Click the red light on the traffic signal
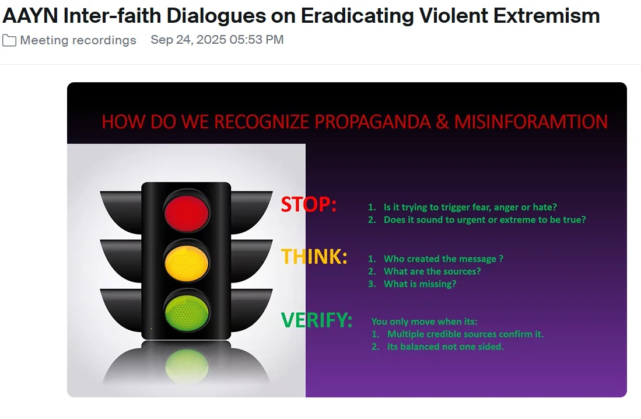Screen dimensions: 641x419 [187, 213]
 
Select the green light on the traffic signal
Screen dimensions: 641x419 [187, 313]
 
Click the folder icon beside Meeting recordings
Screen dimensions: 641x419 [9, 40]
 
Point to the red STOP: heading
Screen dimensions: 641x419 [309, 204]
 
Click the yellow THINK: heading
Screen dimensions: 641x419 [314, 257]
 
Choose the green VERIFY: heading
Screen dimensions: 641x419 [316, 320]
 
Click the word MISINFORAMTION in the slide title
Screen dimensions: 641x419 [531, 122]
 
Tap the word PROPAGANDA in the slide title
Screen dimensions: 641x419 [373, 122]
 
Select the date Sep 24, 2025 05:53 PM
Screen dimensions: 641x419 [217, 40]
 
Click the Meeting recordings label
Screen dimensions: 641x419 [78, 40]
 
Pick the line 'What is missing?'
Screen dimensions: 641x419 [420, 284]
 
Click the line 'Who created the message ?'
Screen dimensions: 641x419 [443, 259]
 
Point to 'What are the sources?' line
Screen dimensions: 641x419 [432, 271]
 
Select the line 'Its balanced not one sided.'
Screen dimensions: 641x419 [445, 347]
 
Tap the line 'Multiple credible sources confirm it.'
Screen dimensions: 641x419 [465, 334]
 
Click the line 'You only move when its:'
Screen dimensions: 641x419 [425, 322]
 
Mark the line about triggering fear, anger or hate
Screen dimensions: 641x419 [470, 207]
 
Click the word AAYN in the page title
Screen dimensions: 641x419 [30, 16]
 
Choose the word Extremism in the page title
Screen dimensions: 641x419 [547, 16]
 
